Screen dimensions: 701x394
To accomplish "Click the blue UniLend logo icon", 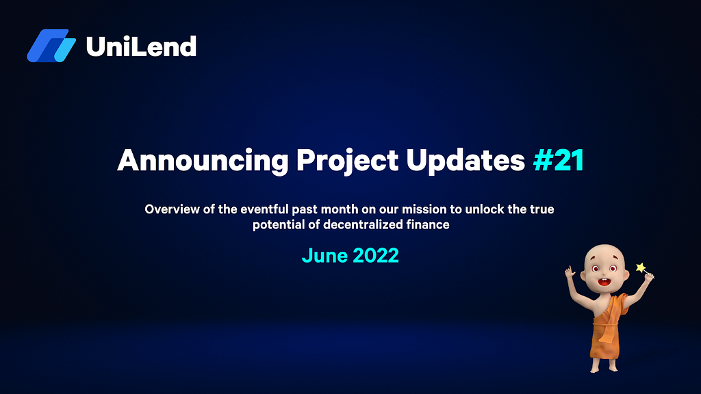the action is point(51,46).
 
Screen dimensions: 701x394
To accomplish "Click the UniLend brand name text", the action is point(141,47).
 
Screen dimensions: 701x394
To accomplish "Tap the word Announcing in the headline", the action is point(203,161).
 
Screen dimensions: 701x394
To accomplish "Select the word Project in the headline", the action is point(347,161).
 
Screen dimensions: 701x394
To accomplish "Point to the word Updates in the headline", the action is point(466,160).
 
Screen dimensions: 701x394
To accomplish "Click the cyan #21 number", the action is point(559,160).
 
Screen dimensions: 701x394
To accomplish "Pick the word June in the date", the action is point(324,256).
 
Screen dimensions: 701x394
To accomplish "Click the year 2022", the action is point(376,256).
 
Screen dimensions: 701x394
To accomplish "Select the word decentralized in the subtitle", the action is point(363,224).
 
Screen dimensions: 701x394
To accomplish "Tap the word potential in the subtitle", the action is point(279,224).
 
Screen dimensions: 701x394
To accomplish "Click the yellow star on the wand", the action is point(641,267).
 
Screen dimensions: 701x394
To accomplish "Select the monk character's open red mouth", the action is point(604,282).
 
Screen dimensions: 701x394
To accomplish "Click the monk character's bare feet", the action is point(604,365).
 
